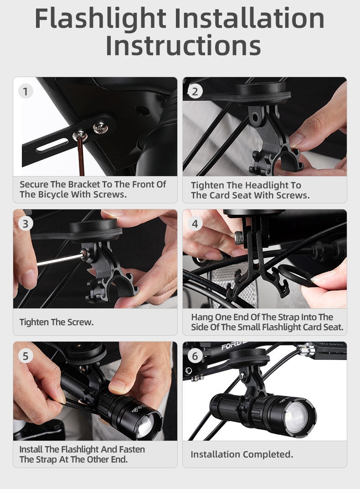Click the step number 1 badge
coord(26,91)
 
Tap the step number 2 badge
coord(195,91)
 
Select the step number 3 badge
coord(26,224)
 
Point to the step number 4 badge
coord(195,224)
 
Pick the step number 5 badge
coord(26,356)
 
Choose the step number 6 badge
coord(195,356)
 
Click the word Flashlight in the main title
coord(100,19)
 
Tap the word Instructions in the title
coord(183,45)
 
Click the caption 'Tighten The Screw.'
coord(57,322)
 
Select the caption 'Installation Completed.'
coord(242,454)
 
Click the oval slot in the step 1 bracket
coord(52,145)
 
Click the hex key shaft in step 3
coord(60,260)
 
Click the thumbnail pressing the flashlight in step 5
coord(118,386)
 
